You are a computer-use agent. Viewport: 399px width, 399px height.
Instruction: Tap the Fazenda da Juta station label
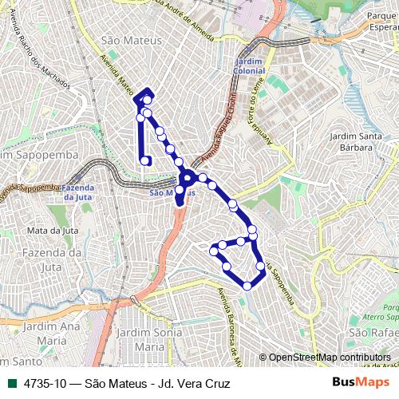point(79,192)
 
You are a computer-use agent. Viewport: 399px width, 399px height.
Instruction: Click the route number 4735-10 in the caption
point(45,384)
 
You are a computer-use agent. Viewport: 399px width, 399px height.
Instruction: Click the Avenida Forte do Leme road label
point(263,119)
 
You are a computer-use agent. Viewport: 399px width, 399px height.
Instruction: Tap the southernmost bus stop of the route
point(247,286)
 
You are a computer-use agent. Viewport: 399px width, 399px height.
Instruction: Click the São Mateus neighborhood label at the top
point(128,41)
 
